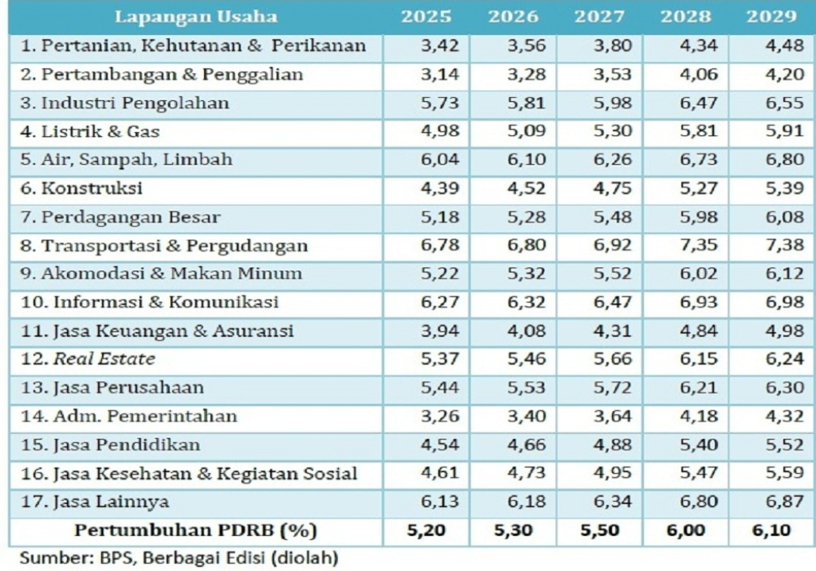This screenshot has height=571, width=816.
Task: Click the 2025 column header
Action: point(426,16)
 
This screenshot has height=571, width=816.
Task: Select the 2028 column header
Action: point(685,16)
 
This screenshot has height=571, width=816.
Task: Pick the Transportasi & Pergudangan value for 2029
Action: point(784,245)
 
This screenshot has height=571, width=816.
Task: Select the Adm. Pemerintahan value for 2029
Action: point(784,416)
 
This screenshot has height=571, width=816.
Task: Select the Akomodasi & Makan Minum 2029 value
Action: point(784,274)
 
